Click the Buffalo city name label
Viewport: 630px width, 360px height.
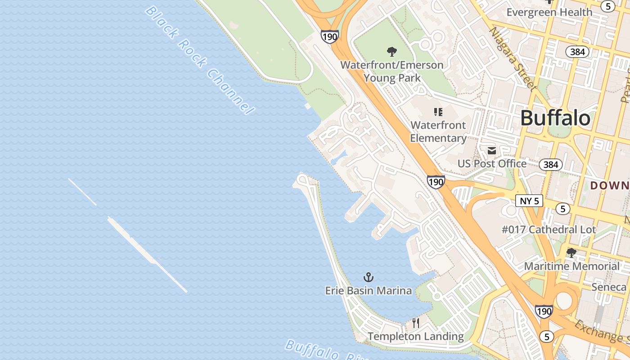[555, 118]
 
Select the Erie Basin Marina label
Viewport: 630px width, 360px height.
[368, 291]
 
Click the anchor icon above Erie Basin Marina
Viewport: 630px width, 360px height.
[369, 277]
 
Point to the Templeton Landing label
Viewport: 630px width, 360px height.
[415, 336]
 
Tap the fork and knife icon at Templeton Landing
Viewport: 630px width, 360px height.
[416, 323]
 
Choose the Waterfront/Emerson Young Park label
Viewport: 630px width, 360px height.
[391, 71]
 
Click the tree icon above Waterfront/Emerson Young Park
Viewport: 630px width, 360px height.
[392, 52]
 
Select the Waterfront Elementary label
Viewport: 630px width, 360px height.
[438, 131]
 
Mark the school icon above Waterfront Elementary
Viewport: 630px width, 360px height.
[438, 112]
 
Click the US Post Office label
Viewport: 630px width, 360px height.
[492, 163]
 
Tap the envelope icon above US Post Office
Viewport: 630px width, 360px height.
[492, 151]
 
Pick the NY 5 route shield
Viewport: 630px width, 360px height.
[529, 201]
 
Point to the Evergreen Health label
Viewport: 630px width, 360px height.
[549, 12]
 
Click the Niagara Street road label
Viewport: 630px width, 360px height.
[513, 58]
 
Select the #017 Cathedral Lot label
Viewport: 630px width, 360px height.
[549, 229]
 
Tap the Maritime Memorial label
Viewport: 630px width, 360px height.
[571, 266]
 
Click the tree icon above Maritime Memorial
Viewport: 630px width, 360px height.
[571, 253]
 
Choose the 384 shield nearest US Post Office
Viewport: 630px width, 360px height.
[551, 165]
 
